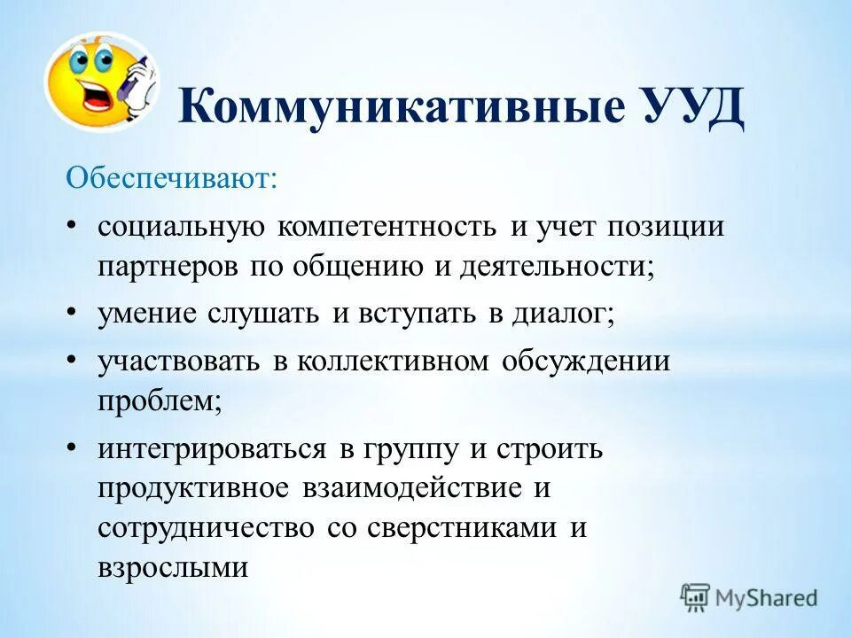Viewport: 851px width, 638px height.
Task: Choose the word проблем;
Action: pyautogui.click(x=160, y=401)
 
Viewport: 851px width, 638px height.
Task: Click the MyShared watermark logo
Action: pyautogui.click(x=748, y=597)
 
